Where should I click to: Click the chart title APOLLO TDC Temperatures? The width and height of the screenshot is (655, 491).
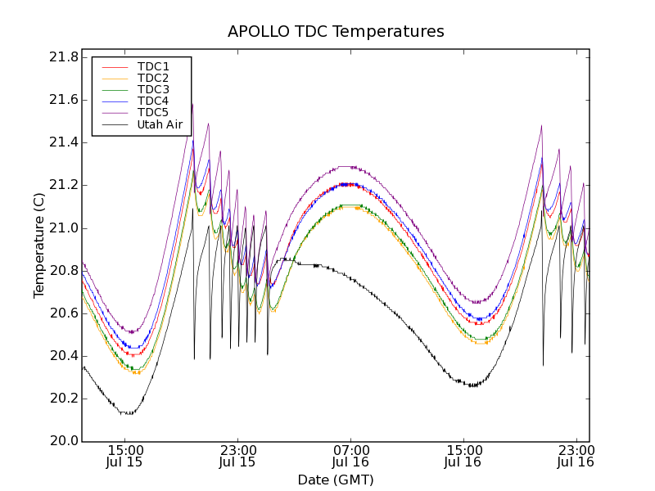[x=336, y=32]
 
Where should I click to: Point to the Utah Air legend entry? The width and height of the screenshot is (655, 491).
[x=160, y=125]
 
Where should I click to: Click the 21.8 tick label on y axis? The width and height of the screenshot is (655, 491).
[x=63, y=57]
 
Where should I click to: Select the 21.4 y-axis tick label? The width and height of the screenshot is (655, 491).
[x=63, y=142]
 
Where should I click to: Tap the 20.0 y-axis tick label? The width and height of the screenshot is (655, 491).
[x=63, y=441]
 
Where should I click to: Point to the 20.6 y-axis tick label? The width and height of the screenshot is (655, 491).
[x=63, y=313]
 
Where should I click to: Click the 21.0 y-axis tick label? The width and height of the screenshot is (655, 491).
[x=63, y=228]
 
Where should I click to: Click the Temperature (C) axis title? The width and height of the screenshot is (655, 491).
[x=39, y=245]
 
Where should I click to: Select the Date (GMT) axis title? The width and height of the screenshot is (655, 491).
[x=336, y=480]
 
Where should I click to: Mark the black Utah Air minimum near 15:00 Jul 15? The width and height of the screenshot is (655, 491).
[x=127, y=413]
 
